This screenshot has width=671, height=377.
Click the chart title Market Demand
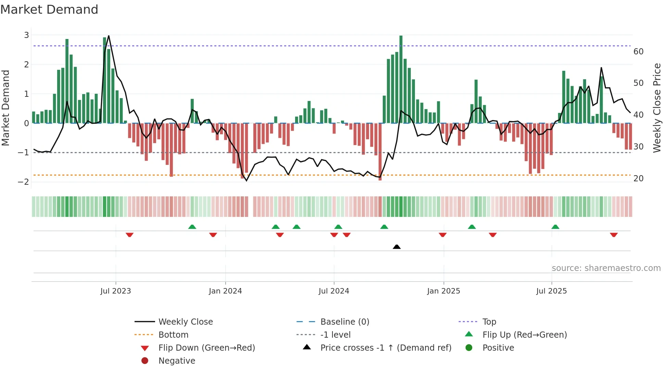pos(49,10)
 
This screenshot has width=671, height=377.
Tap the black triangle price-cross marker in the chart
pos(396,247)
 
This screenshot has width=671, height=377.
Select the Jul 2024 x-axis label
pos(333,291)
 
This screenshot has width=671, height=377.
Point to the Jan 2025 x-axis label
pos(443,291)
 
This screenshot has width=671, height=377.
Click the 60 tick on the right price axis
pos(638,52)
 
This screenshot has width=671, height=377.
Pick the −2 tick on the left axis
pos(24,182)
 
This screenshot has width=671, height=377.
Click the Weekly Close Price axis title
pos(657,108)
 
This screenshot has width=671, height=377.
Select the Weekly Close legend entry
pos(185,322)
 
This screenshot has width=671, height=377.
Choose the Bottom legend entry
pos(173,335)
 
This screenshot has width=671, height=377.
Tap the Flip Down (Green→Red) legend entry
pos(206,348)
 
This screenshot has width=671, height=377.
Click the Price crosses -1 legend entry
pos(385,348)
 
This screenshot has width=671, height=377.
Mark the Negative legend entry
pos(177,361)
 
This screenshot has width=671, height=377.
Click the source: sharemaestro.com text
pos(606,268)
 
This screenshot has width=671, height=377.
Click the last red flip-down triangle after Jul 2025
pos(613,235)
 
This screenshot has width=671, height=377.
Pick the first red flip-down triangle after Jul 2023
pos(129,235)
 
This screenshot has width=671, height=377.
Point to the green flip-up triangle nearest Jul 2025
pos(555,227)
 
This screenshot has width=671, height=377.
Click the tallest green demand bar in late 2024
pos(401,79)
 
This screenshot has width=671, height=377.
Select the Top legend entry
pos(489,322)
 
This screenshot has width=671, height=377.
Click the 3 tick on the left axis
pos(26,35)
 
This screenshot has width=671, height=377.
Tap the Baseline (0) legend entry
pos(344,322)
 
